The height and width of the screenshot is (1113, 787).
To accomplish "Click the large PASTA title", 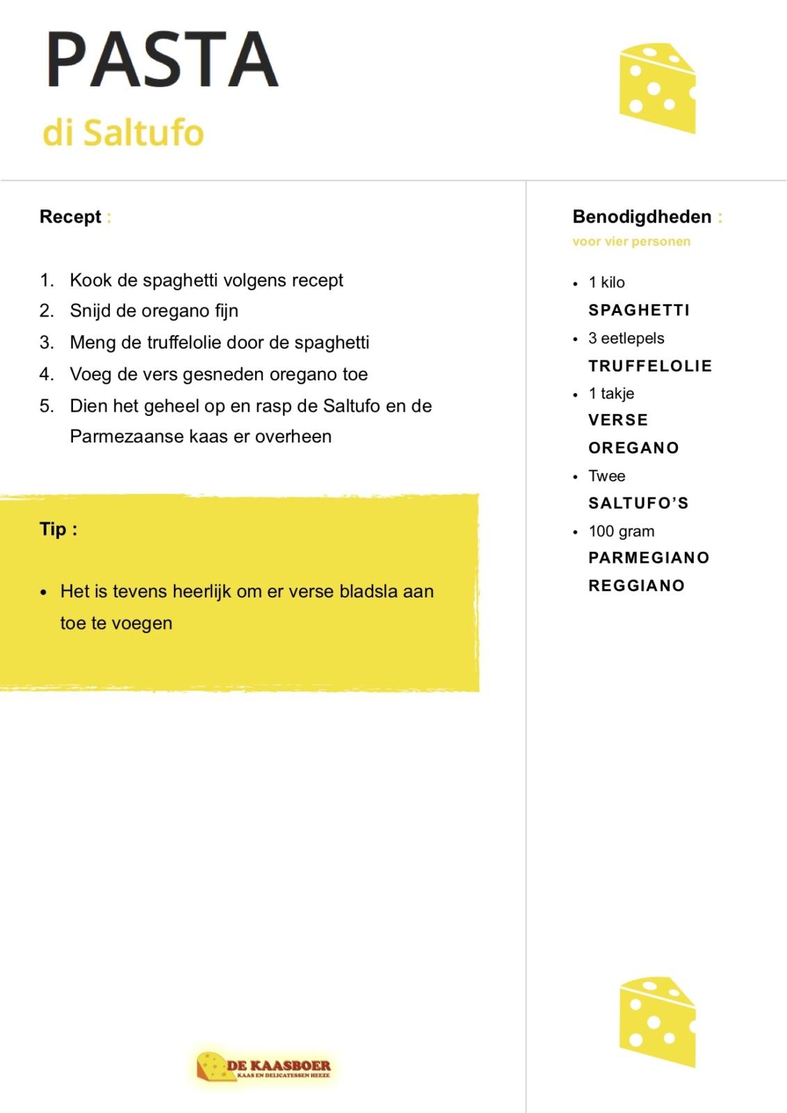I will [x=162, y=60].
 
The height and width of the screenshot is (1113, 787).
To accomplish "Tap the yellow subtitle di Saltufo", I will [x=123, y=132].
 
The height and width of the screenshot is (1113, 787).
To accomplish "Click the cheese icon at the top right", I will [x=657, y=88].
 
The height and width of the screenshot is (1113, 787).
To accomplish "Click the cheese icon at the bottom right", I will [x=657, y=1021].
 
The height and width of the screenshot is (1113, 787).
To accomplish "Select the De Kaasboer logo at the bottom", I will [x=263, y=1066].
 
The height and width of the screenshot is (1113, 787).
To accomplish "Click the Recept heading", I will [x=70, y=216].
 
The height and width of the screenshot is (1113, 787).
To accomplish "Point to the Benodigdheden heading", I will [x=642, y=216].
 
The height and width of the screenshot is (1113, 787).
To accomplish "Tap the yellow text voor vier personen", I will [x=631, y=241].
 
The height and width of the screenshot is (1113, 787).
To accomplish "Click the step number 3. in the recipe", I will [x=47, y=342].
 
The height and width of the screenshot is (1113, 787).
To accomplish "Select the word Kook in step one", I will [x=90, y=280].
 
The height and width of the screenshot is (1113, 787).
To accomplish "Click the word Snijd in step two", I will [x=90, y=311].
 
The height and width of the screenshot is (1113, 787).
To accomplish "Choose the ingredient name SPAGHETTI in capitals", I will [x=639, y=310].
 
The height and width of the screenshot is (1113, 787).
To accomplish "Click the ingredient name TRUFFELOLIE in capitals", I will [x=650, y=366].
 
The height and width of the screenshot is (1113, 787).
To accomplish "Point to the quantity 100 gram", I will [x=621, y=531].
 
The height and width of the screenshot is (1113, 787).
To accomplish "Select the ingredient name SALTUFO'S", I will [x=638, y=503].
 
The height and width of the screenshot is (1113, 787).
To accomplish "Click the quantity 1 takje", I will [x=611, y=394].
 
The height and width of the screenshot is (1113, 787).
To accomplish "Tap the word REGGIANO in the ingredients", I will [x=636, y=586].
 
